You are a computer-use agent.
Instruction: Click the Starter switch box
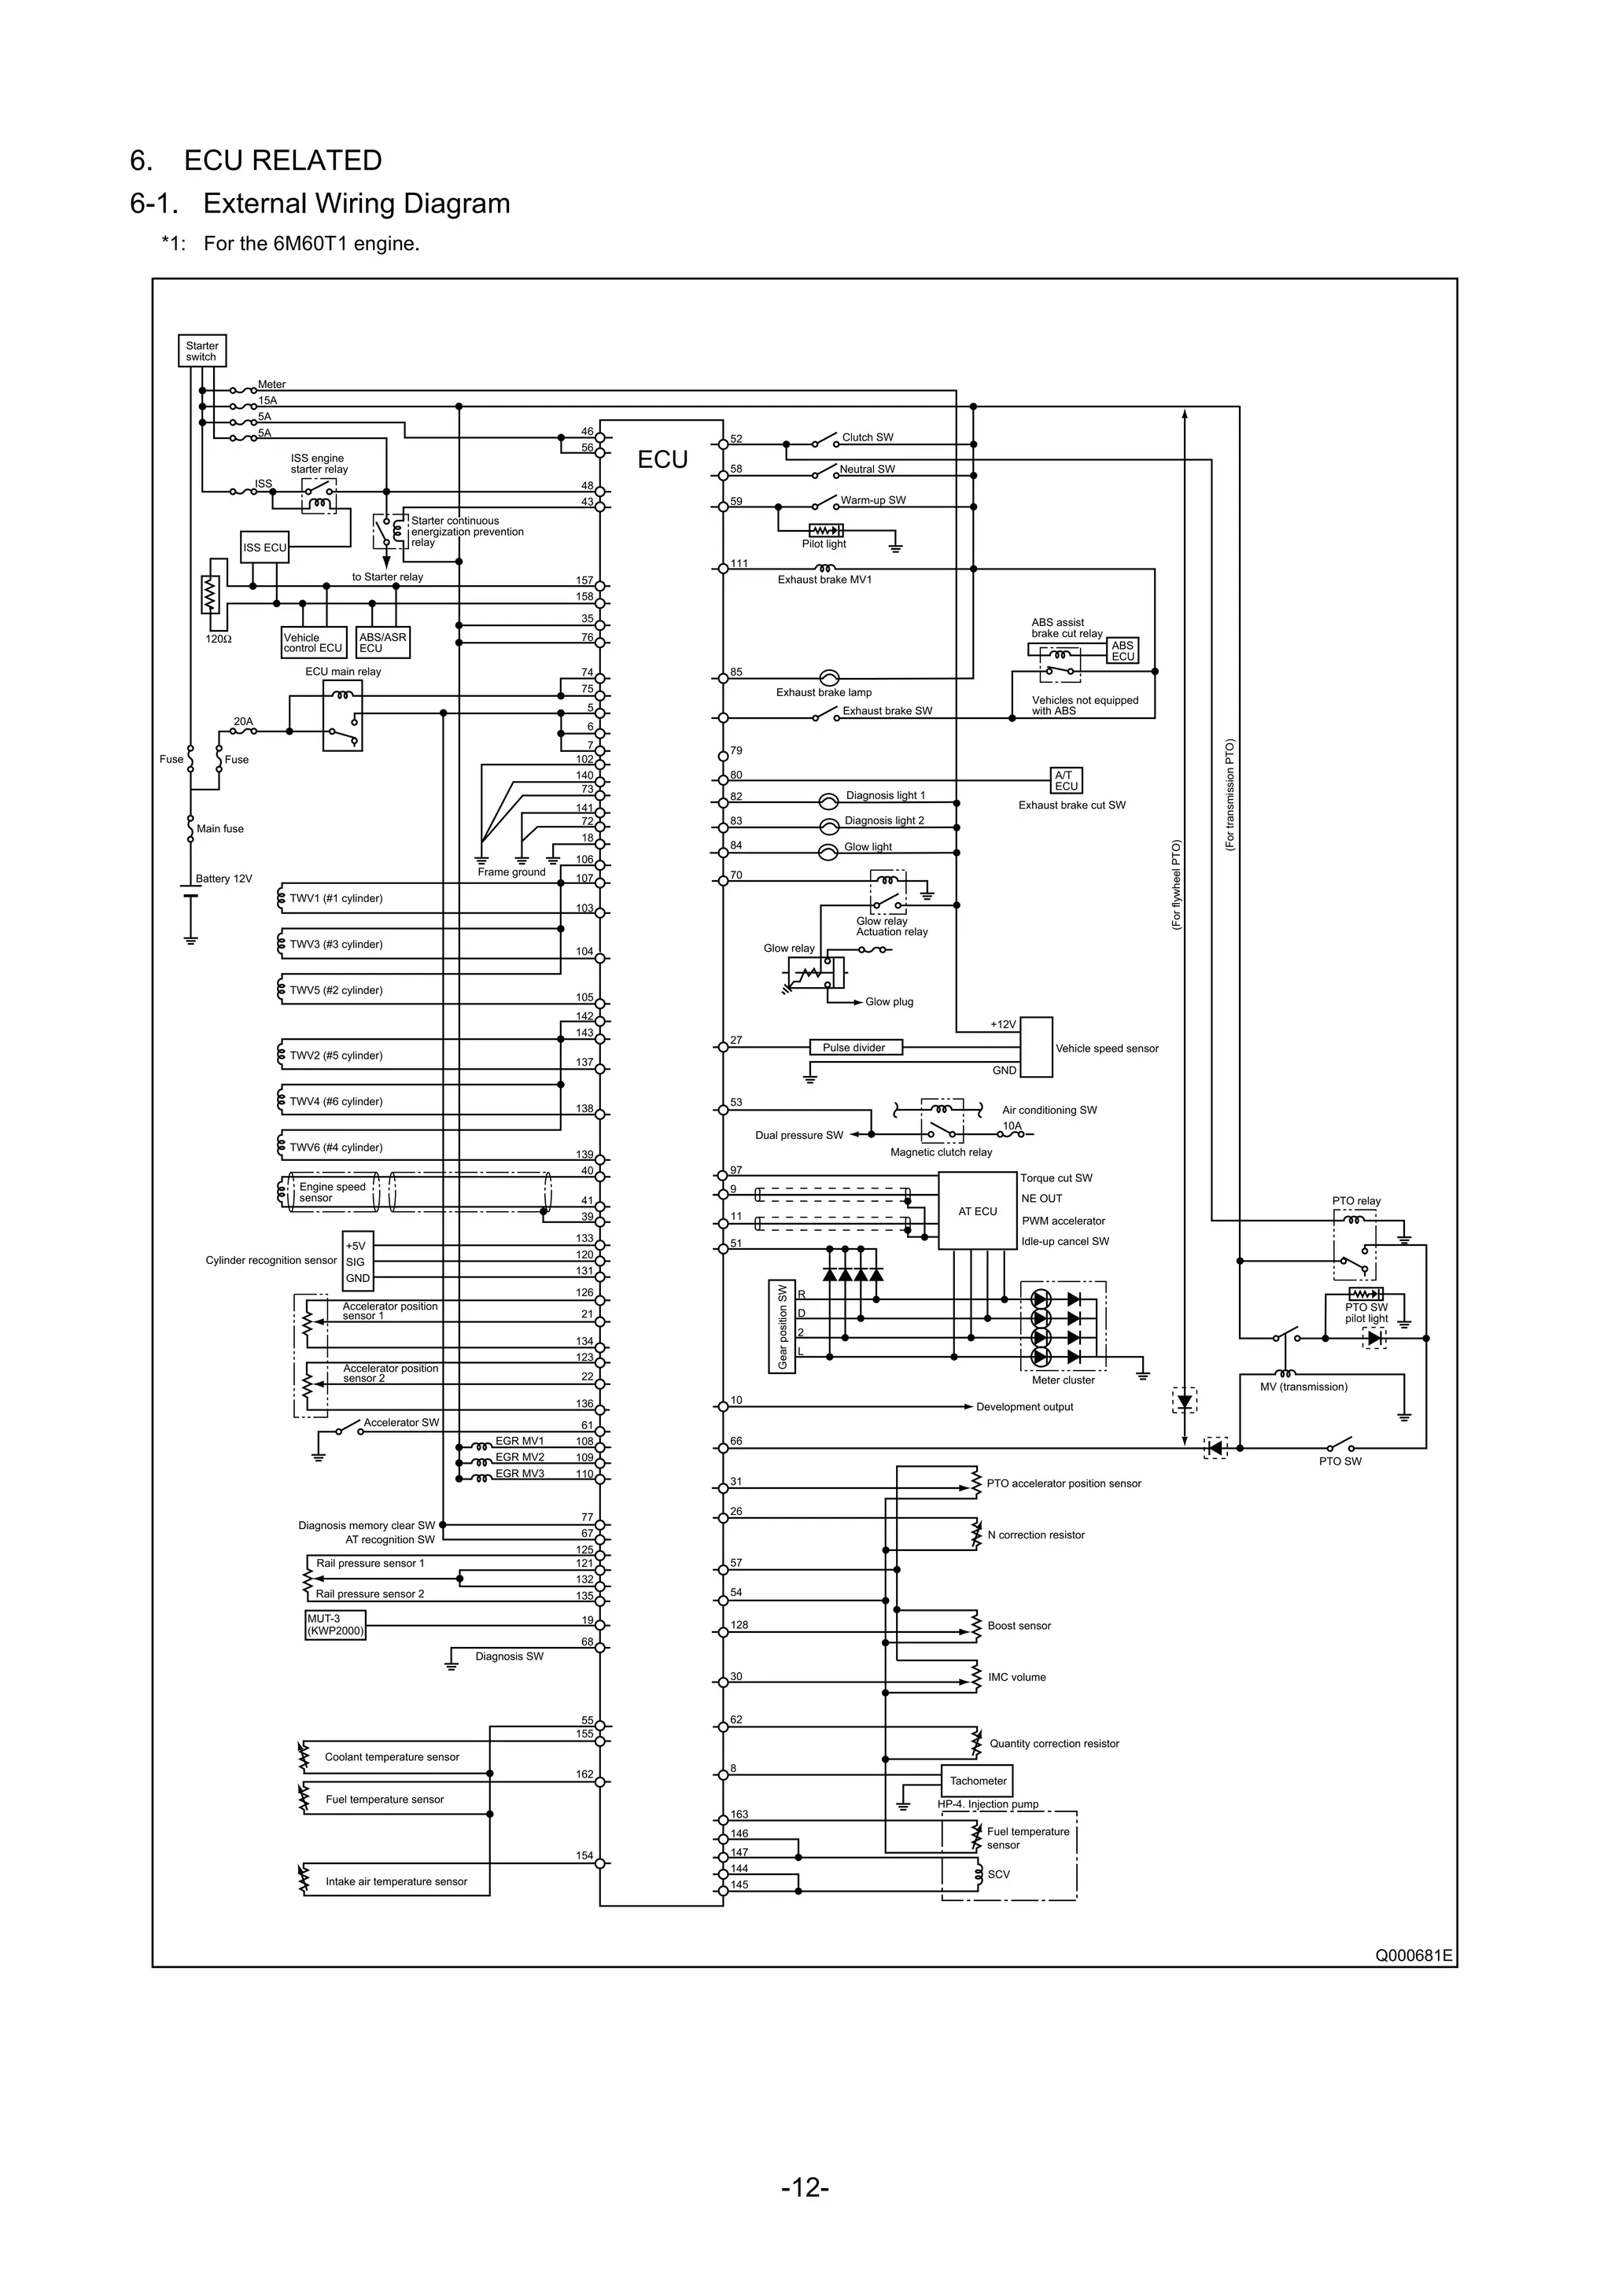pyautogui.click(x=201, y=351)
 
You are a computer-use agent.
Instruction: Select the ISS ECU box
pyautogui.click(x=265, y=547)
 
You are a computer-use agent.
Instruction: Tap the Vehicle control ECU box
pyautogui.click(x=314, y=643)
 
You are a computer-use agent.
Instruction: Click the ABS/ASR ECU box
pyautogui.click(x=383, y=643)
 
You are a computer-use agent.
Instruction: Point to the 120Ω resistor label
pyautogui.click(x=218, y=639)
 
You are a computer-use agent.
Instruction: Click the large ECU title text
pyautogui.click(x=662, y=460)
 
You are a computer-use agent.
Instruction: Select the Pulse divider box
pyautogui.click(x=854, y=1047)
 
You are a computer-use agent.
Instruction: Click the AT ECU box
pyautogui.click(x=977, y=1212)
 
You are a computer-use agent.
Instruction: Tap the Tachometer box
pyautogui.click(x=977, y=1780)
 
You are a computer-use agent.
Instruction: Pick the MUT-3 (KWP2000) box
pyautogui.click(x=335, y=1624)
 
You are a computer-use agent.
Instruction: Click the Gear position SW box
pyautogui.click(x=783, y=1327)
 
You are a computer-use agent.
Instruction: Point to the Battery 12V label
pyautogui.click(x=224, y=879)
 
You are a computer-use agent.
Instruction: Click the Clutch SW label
pyautogui.click(x=867, y=437)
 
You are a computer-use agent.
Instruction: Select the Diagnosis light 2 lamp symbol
pyautogui.click(x=829, y=826)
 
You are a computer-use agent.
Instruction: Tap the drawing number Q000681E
pyautogui.click(x=1413, y=1955)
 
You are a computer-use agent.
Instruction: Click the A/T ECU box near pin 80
pyautogui.click(x=1067, y=780)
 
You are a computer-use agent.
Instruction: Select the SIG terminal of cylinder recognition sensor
pyautogui.click(x=355, y=1262)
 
